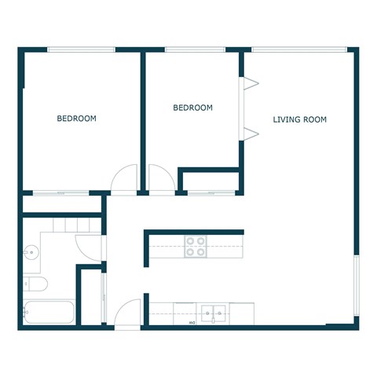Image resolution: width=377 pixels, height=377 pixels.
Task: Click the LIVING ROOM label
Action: pos(299,119)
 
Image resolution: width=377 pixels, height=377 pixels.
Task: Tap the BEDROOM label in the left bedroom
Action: pos(76,119)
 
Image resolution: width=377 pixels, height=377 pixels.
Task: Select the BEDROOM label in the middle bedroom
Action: pos(192,108)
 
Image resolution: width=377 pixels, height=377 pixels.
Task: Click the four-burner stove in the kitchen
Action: pos(195,247)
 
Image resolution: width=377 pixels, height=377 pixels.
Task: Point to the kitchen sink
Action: pos(211,313)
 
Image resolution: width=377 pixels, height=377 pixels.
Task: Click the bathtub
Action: pos(48,312)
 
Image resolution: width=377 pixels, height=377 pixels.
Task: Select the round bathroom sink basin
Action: pos(31,252)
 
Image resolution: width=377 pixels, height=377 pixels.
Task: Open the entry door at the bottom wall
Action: pos(127,314)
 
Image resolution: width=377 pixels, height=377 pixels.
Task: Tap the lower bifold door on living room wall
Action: pos(249,132)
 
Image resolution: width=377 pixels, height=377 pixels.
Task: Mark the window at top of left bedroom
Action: pos(80,50)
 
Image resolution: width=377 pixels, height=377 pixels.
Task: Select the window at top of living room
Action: pos(299,50)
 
